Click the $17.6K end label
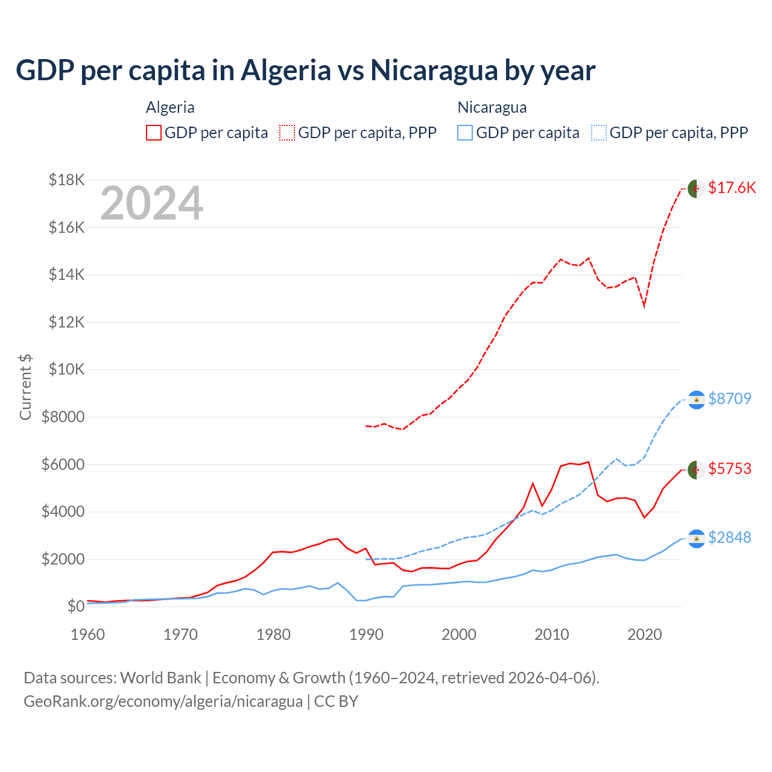[x=732, y=188]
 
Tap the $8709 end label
[x=729, y=399]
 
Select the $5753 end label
[x=729, y=469]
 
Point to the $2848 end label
[x=729, y=537]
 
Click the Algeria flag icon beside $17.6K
[x=697, y=188]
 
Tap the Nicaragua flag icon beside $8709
[x=697, y=399]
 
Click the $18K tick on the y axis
[x=66, y=180]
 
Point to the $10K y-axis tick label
[x=66, y=369]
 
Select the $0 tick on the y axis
[x=75, y=606]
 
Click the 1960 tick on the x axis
[x=88, y=634]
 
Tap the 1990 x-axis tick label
[x=366, y=634]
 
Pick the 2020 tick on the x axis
[x=644, y=634]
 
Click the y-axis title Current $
[x=25, y=387]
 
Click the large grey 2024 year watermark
[x=151, y=204]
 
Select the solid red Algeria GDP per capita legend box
[x=154, y=133]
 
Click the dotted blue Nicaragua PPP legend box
[x=599, y=133]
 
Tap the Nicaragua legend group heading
[x=492, y=107]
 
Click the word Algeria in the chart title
[x=286, y=70]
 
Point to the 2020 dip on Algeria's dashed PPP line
[x=644, y=306]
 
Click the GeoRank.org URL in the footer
[x=163, y=701]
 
